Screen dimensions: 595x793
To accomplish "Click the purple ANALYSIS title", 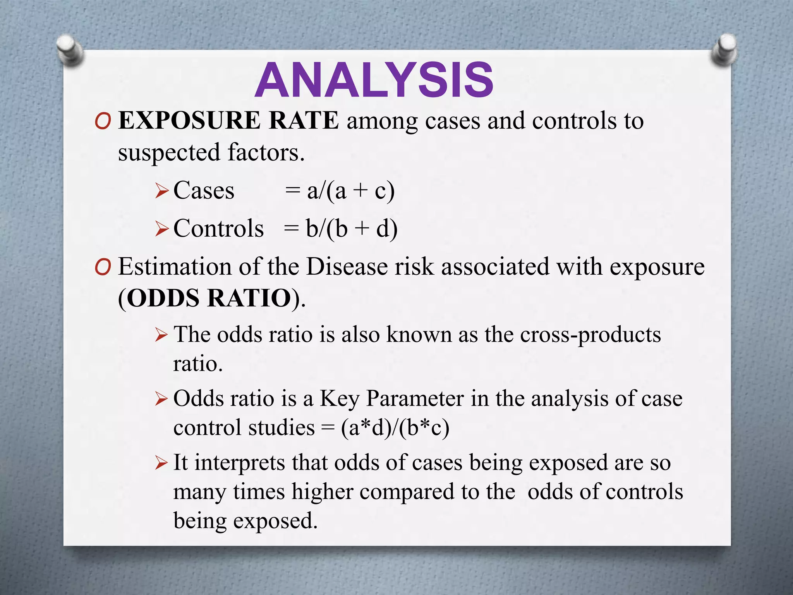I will click(x=374, y=80).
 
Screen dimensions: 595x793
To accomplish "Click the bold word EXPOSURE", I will click(x=189, y=120).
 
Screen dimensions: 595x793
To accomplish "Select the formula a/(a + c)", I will click(x=350, y=191).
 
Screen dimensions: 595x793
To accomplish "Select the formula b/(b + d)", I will click(x=351, y=229).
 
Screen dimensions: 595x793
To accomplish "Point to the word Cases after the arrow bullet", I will click(x=204, y=191).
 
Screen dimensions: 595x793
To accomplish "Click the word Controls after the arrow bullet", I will click(x=218, y=229).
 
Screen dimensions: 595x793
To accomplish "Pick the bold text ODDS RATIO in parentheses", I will click(x=209, y=298).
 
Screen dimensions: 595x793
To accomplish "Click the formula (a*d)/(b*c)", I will click(x=395, y=428).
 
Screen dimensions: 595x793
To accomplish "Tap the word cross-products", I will click(x=590, y=335).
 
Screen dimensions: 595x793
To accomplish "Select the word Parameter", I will click(x=415, y=399).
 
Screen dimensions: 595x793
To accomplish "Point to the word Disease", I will click(x=347, y=267).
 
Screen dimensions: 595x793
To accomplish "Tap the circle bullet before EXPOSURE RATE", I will click(x=103, y=122).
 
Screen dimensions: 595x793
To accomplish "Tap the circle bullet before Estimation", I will click(x=103, y=268).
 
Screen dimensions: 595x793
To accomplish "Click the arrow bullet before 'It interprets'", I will click(x=161, y=463).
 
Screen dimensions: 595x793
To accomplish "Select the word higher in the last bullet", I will click(x=322, y=492).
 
